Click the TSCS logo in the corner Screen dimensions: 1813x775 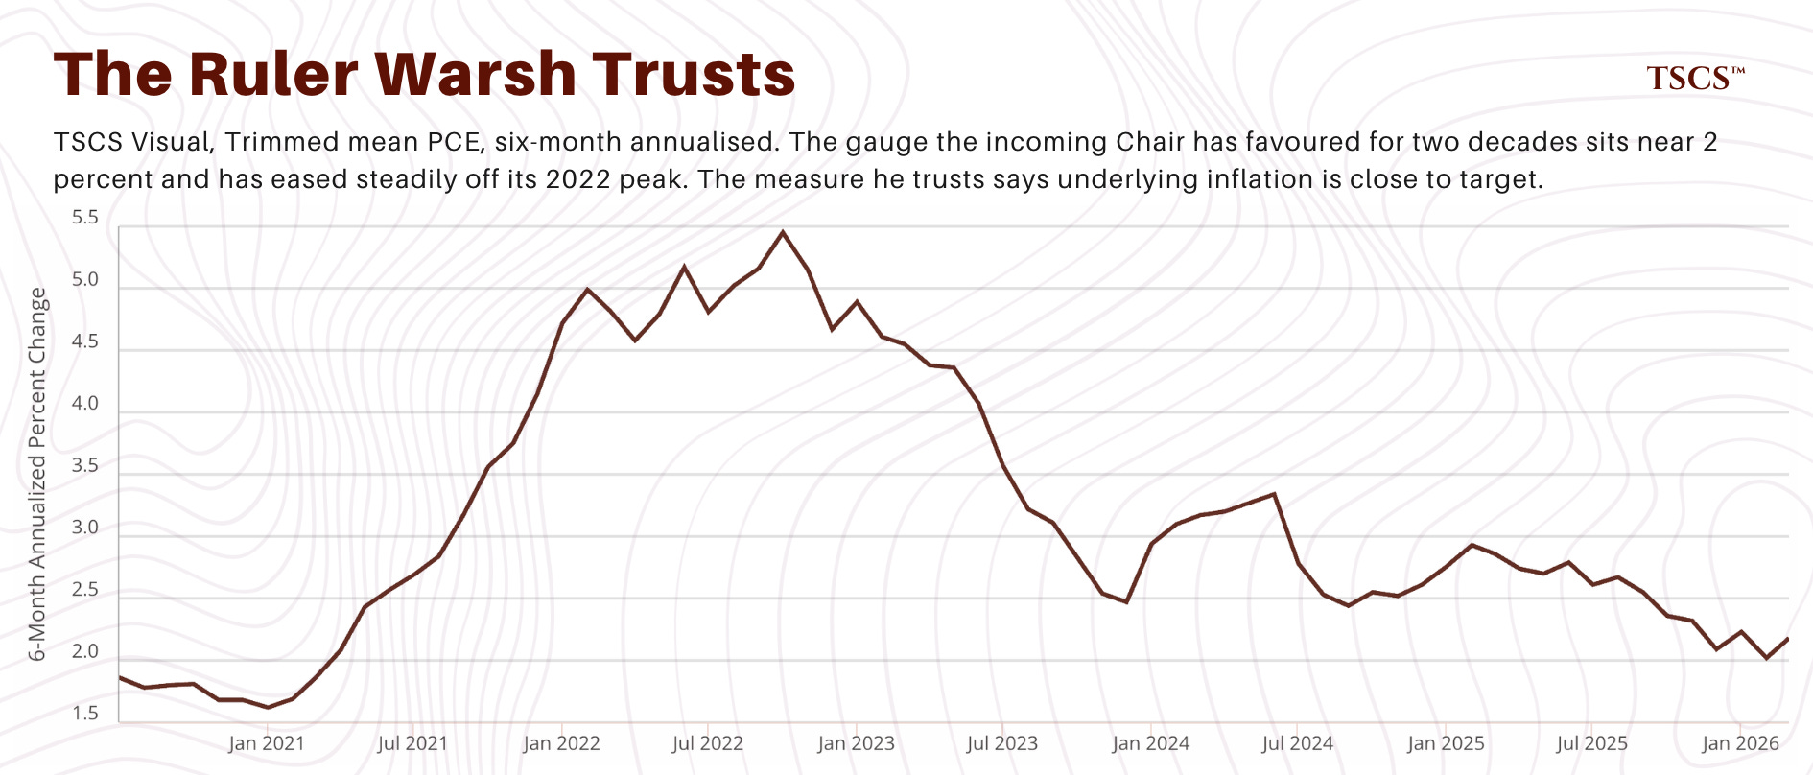[x=1695, y=79]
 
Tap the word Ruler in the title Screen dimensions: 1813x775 [x=274, y=74]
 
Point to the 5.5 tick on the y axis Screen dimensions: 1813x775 [x=85, y=218]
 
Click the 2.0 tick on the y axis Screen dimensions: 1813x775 [x=85, y=652]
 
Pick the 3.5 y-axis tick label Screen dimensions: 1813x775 [x=85, y=466]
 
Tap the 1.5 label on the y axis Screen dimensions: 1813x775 [x=85, y=714]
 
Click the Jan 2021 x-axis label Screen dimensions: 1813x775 [x=267, y=743]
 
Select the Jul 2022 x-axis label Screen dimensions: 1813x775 [x=708, y=743]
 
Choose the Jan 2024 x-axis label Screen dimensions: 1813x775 [x=1151, y=743]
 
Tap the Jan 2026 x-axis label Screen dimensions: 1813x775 [x=1740, y=743]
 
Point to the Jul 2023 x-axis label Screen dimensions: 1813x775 [x=1002, y=743]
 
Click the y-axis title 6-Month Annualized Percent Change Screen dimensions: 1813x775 [x=37, y=475]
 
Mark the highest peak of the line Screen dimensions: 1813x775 [x=783, y=232]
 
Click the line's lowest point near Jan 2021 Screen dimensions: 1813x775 [x=268, y=708]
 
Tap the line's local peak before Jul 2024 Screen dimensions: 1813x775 [x=1274, y=494]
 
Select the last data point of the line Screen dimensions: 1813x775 [x=1788, y=639]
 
